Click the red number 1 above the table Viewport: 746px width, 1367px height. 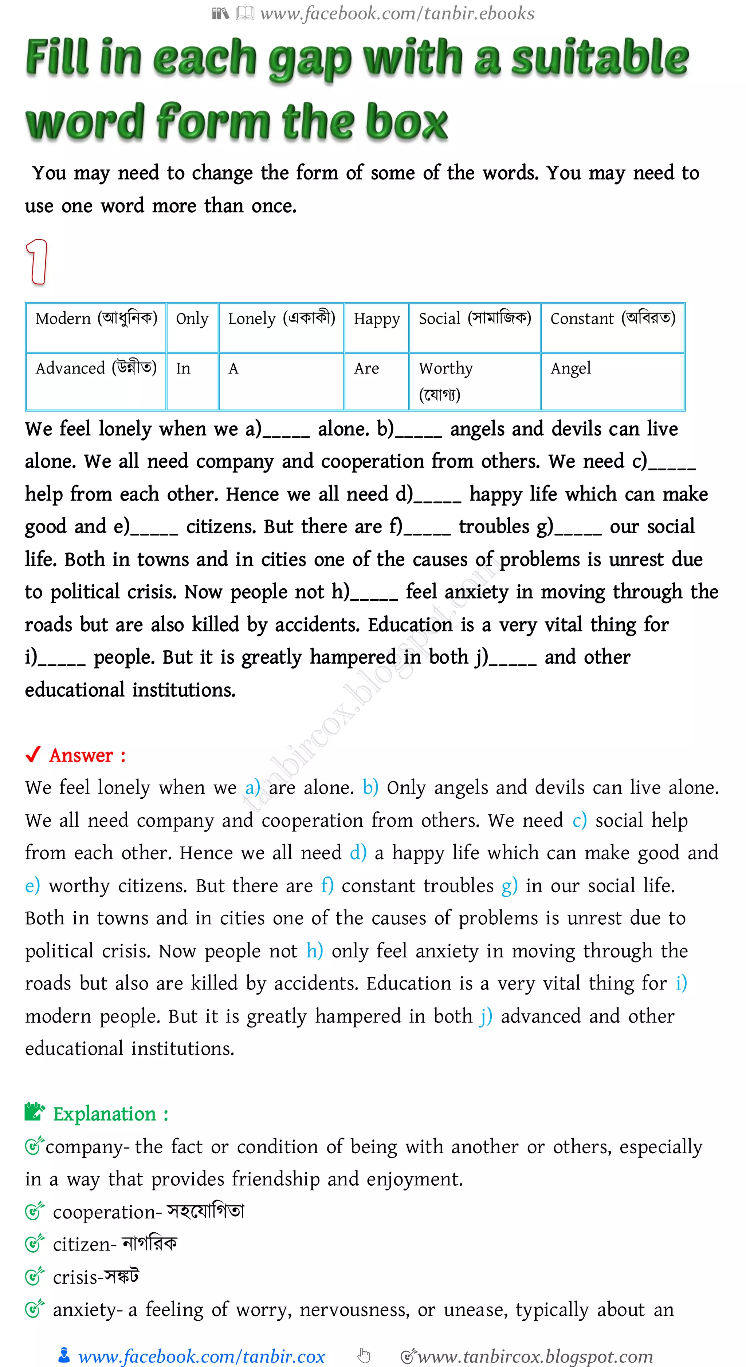pos(37,262)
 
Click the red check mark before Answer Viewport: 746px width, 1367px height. pos(33,755)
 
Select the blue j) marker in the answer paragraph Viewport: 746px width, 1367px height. pos(485,1016)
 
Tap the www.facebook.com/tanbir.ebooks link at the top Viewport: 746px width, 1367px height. pos(397,13)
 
